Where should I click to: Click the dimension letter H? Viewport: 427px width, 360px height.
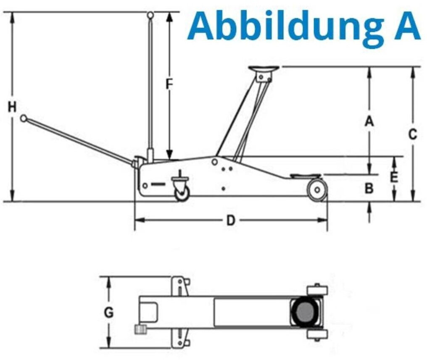click(x=12, y=107)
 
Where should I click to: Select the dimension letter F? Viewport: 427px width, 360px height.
click(x=169, y=84)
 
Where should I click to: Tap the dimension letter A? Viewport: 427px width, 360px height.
click(x=369, y=121)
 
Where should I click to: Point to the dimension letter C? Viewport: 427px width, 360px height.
click(x=413, y=134)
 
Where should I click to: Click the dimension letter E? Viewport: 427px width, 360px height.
click(x=393, y=177)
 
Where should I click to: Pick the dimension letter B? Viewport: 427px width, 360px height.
click(x=369, y=189)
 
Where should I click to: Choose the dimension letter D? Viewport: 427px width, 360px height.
click(x=231, y=220)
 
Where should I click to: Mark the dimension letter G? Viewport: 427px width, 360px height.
click(x=109, y=313)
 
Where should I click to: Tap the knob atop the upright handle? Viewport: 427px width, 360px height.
click(x=150, y=15)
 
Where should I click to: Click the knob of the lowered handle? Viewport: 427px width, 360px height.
click(x=24, y=118)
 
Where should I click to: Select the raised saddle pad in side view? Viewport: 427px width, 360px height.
click(x=263, y=68)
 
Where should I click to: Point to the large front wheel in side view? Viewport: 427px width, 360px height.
click(x=316, y=190)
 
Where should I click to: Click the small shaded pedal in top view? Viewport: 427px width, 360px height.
click(x=140, y=329)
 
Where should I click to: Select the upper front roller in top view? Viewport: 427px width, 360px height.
click(x=317, y=290)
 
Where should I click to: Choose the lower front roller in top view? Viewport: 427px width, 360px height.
click(x=317, y=335)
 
